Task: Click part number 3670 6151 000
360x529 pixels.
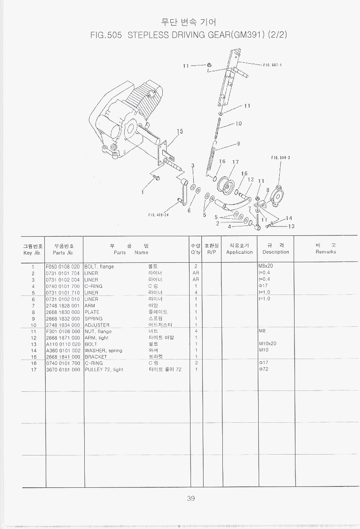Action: tap(63, 370)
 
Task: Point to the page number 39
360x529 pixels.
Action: tap(191, 499)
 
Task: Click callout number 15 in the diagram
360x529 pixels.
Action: tap(180, 132)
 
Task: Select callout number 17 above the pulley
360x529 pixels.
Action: tap(235, 162)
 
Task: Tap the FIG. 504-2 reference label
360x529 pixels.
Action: tap(281, 157)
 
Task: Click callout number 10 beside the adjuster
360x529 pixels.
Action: tap(239, 124)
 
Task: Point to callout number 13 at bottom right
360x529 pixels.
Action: tap(291, 226)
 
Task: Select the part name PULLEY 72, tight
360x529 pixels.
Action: tap(104, 370)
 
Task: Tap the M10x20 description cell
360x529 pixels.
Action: tap(268, 344)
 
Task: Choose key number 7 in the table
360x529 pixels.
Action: tap(33, 305)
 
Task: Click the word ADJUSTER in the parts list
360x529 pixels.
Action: tap(97, 325)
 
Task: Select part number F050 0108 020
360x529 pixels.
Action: tap(63, 267)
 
